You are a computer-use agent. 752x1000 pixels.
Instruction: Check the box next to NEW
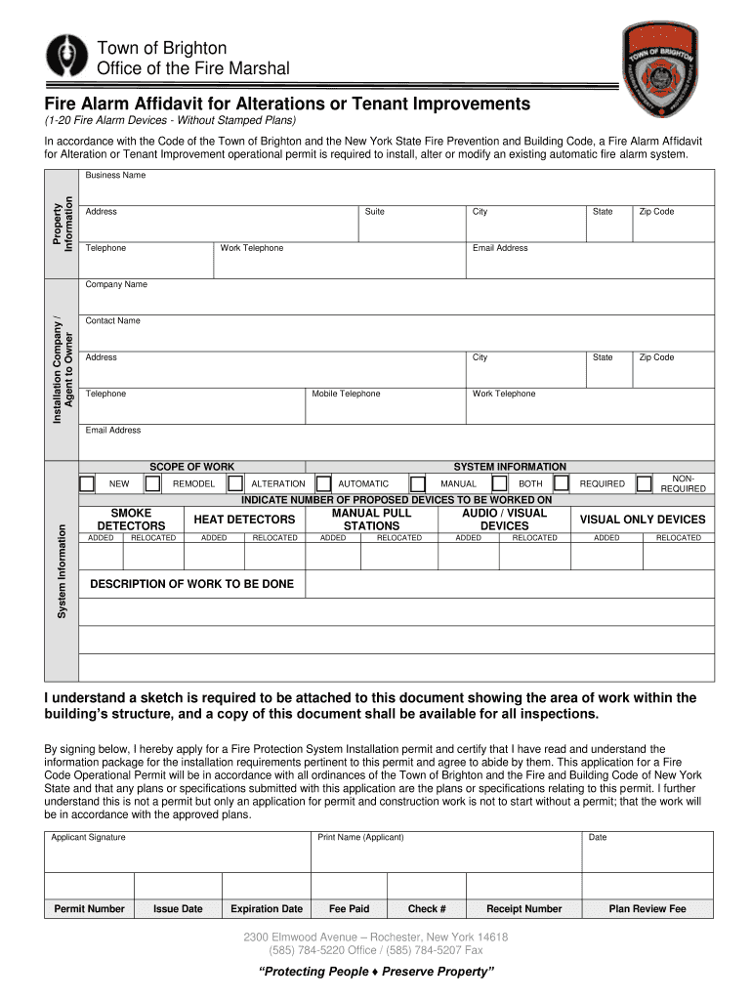[87, 483]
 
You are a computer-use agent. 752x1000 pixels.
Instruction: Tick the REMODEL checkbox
[153, 483]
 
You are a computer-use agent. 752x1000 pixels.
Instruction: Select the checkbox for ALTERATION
[235, 483]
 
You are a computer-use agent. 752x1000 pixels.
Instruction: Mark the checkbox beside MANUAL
[417, 483]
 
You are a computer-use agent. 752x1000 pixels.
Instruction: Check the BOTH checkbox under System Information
[561, 483]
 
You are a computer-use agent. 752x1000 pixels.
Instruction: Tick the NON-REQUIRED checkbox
[644, 483]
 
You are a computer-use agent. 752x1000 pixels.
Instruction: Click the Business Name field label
[115, 176]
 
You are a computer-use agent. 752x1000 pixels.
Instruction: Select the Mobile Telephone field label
[346, 394]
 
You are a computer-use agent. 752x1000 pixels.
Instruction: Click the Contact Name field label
[113, 321]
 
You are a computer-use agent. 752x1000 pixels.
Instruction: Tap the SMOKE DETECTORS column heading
[132, 520]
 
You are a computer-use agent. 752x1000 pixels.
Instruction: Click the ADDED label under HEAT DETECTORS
[214, 538]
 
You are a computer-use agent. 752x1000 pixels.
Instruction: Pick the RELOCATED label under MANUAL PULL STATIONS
[399, 538]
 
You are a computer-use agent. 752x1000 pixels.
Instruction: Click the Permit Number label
[90, 909]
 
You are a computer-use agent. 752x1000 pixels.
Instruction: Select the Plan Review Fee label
[648, 909]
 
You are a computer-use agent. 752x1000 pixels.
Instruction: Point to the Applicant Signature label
[88, 838]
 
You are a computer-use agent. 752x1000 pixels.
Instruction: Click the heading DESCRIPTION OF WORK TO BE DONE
[191, 584]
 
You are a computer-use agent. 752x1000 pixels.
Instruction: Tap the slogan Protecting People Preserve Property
[376, 972]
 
